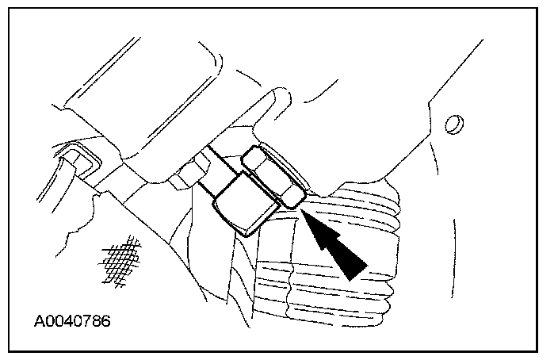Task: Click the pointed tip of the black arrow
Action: click(302, 212)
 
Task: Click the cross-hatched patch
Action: click(117, 260)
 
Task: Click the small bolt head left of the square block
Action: click(185, 173)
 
